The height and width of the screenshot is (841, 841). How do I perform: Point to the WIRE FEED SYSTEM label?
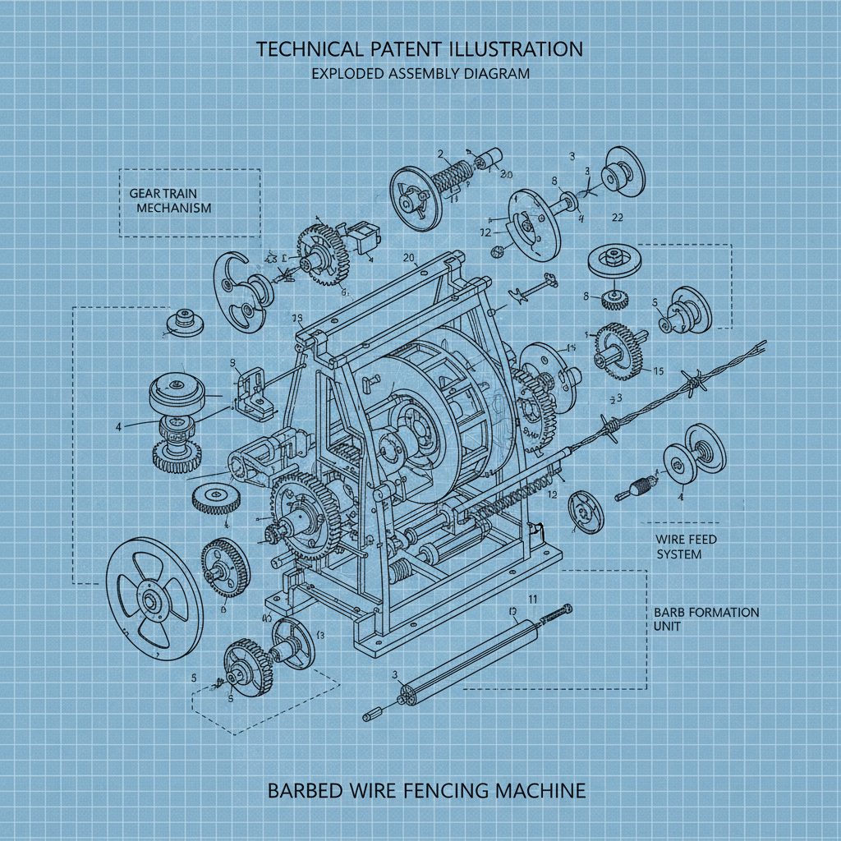686,546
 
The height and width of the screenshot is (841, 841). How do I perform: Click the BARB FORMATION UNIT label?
706,620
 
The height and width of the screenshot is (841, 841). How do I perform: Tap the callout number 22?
618,218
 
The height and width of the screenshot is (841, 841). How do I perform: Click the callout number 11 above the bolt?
532,599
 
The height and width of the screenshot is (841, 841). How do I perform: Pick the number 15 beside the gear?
657,371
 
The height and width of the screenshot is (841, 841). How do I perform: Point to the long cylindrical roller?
464,656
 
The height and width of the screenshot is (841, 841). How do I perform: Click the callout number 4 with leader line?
118,427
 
